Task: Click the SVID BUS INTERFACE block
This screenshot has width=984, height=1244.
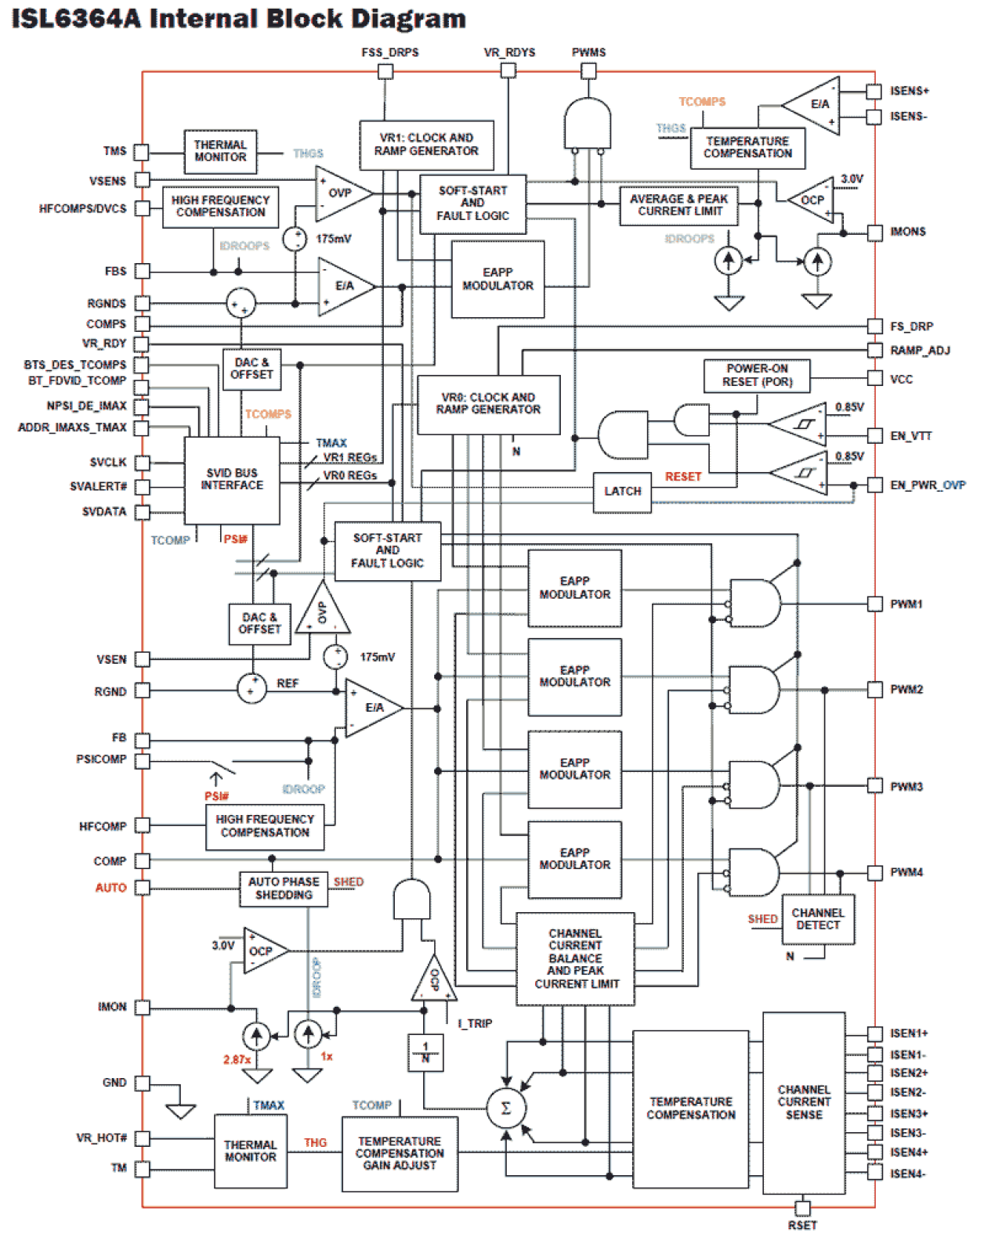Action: pyautogui.click(x=232, y=480)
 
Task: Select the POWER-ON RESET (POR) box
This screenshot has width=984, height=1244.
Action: pyautogui.click(x=756, y=376)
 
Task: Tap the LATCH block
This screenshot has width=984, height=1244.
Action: pyautogui.click(x=622, y=492)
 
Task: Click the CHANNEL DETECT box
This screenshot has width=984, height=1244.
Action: pyautogui.click(x=818, y=919)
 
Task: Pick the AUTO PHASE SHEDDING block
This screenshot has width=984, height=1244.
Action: pyautogui.click(x=284, y=889)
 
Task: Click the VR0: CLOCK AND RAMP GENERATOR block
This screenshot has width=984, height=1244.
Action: pyautogui.click(x=488, y=404)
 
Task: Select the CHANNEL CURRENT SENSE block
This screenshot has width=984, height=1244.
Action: pyautogui.click(x=804, y=1102)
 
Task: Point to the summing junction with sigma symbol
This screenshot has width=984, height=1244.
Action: pyautogui.click(x=506, y=1108)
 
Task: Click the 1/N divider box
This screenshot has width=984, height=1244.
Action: pyautogui.click(x=425, y=1052)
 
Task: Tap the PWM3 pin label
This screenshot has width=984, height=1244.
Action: pyautogui.click(x=906, y=787)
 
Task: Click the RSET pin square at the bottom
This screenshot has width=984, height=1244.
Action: pyautogui.click(x=802, y=1208)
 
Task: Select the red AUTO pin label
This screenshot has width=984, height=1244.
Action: pyautogui.click(x=110, y=888)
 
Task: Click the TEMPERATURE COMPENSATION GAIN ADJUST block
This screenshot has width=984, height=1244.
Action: pyautogui.click(x=400, y=1153)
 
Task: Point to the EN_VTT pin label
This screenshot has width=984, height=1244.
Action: pyautogui.click(x=910, y=436)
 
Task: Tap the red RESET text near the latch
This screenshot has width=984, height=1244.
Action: pyautogui.click(x=683, y=477)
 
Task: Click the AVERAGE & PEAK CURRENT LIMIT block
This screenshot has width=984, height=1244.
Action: pyautogui.click(x=678, y=206)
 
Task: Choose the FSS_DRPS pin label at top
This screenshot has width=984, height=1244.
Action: pyautogui.click(x=389, y=52)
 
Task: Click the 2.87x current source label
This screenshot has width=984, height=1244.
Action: pyautogui.click(x=237, y=1060)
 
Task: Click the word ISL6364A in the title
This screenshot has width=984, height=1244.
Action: pyautogui.click(x=76, y=19)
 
